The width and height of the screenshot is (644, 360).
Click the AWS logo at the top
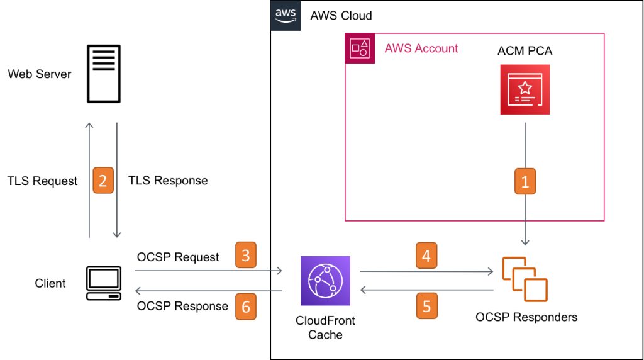[x=286, y=16]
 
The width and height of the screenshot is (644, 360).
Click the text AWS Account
[x=421, y=48]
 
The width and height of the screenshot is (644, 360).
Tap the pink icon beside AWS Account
[x=360, y=48]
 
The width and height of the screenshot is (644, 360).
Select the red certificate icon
[x=525, y=89]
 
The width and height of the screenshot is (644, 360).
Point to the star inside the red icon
[x=525, y=87]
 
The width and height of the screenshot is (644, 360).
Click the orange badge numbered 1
[x=525, y=181]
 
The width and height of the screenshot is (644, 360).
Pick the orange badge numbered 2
[x=103, y=181]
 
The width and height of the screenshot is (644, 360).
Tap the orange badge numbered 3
[x=246, y=255]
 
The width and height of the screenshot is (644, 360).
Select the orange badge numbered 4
[x=426, y=256]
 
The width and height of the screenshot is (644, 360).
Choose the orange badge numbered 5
[x=426, y=307]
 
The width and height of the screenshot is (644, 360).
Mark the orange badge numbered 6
[x=246, y=307]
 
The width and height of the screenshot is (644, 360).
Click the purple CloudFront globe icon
[x=325, y=281]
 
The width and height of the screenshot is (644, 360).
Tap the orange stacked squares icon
[x=525, y=279]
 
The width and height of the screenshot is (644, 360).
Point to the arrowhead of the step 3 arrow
[x=277, y=271]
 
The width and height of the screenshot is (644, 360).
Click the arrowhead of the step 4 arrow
[x=490, y=272]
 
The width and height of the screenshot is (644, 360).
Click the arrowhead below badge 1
[x=525, y=242]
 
